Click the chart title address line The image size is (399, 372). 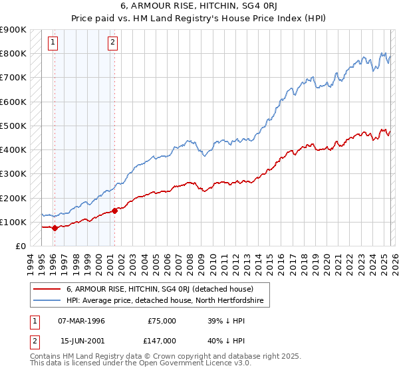199,5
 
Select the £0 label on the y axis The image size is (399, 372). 20,246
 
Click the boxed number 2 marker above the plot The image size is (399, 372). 113,43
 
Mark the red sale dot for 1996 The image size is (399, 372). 54,228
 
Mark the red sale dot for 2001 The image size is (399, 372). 114,211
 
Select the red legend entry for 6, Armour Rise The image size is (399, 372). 160,289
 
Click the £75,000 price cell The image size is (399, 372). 162,320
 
